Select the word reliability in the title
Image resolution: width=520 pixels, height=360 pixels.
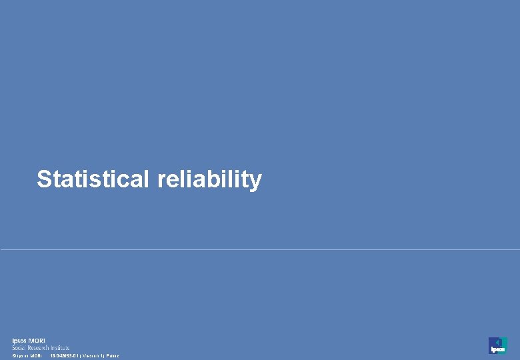[210, 179]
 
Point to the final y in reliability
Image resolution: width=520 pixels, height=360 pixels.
[255, 182]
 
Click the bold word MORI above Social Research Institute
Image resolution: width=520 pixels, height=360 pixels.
[37, 341]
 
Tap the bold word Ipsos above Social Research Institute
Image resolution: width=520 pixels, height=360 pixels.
[19, 341]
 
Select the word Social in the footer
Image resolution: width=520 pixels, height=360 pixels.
[19, 348]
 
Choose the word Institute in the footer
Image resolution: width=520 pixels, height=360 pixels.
[60, 348]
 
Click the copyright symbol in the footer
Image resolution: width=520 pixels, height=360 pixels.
[13, 356]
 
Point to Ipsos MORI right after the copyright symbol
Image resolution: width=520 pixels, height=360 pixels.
[29, 356]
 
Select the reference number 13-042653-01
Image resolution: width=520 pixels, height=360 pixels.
[65, 356]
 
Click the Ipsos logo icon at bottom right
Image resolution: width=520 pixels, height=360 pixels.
[497, 345]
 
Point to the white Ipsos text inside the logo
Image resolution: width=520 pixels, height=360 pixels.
[497, 350]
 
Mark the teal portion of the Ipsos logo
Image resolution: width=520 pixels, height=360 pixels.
[504, 341]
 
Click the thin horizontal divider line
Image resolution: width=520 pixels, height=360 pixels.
[260, 250]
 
